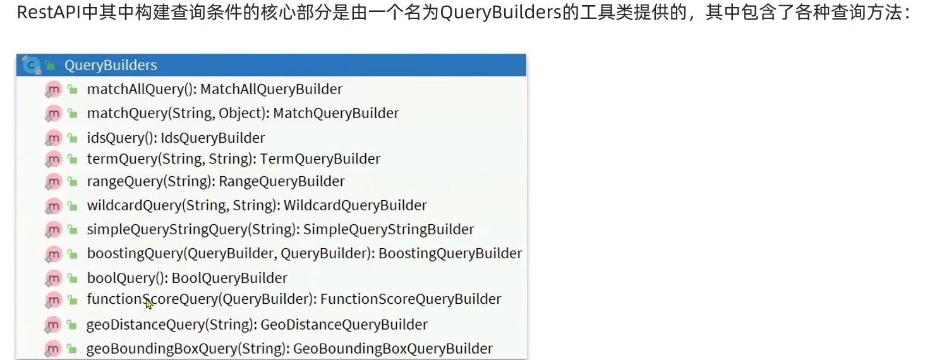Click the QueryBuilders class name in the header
(x=111, y=65)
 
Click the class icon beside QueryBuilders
(x=30, y=64)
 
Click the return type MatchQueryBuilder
(x=336, y=113)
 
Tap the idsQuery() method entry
(x=123, y=138)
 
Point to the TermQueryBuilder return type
(x=320, y=159)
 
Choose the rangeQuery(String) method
(x=148, y=181)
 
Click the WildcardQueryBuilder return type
(x=355, y=205)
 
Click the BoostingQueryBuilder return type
(x=450, y=253)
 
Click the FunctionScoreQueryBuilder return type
(x=411, y=299)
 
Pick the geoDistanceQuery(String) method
(x=171, y=325)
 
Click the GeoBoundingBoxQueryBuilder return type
(x=392, y=349)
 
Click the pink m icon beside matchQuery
(x=54, y=114)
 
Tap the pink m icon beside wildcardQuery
(x=54, y=206)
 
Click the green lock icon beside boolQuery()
(x=72, y=279)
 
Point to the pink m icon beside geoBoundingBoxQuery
(x=54, y=349)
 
